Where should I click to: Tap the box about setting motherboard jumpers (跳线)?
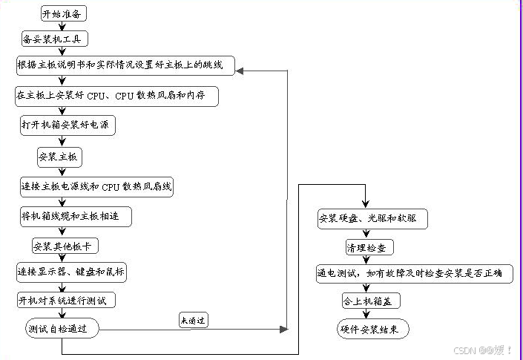pos(125,67)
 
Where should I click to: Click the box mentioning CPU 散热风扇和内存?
pos(118,97)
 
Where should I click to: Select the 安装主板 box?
pos(59,157)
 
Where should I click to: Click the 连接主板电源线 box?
pos(96,186)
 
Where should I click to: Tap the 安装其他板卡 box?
pos(65,246)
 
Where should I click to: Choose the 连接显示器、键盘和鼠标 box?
pos(71,273)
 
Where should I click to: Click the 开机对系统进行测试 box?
pos(66,301)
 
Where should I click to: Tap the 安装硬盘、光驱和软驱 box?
pos(372,219)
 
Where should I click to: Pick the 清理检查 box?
pos(369,246)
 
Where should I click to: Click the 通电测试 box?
pos(409,274)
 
